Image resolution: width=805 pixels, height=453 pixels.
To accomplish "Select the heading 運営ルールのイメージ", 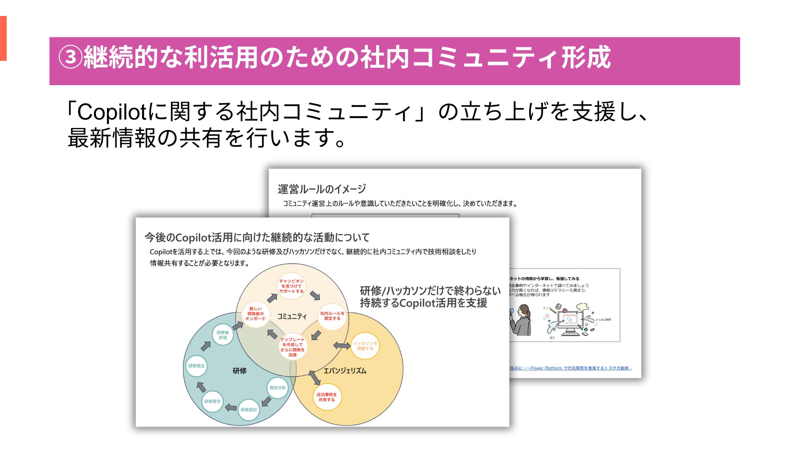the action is [322, 189].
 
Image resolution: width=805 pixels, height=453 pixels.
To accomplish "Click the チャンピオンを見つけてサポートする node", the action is [291, 286].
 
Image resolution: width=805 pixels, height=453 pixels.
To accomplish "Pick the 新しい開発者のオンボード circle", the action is [255, 314].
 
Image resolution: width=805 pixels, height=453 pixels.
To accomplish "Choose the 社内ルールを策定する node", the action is [332, 316].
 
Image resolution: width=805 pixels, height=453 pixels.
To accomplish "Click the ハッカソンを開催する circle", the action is [365, 346].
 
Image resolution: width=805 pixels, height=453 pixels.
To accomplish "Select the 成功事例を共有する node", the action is [327, 397].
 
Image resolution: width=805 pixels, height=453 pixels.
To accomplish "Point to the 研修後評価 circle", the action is [223, 335].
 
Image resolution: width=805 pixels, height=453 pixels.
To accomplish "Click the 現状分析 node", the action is [278, 388].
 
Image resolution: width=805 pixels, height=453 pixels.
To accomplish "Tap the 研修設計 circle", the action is [249, 410].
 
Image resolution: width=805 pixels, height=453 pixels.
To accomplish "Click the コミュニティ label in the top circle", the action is [292, 316].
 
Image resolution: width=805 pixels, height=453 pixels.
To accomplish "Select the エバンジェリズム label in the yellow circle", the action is [345, 371].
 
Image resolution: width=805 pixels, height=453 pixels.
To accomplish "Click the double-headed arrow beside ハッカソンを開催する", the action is [342, 346].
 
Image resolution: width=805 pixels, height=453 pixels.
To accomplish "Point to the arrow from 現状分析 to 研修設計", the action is [266, 402].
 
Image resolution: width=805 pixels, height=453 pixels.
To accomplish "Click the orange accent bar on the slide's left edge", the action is [3, 39].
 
